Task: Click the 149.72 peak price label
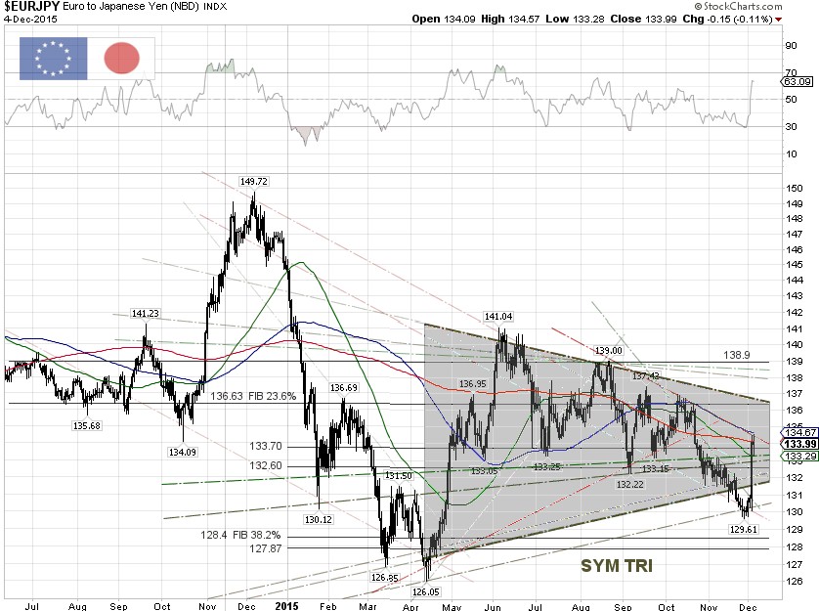[252, 181]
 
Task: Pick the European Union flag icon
[53, 59]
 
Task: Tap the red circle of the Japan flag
[122, 59]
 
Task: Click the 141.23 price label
[146, 313]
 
